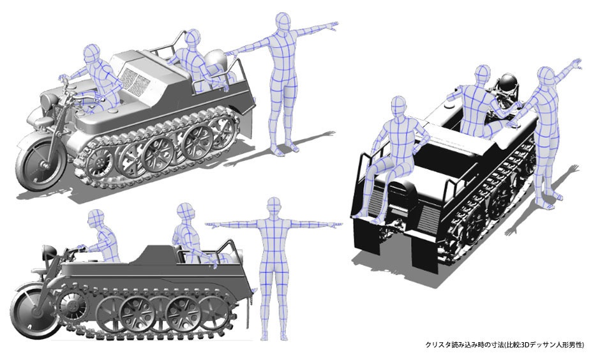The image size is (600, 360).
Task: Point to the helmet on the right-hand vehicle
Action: [508, 83]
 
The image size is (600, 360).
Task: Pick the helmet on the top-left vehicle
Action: [216, 61]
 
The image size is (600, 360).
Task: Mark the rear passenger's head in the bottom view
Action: [185, 213]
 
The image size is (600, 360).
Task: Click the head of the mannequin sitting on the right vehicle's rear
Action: [398, 107]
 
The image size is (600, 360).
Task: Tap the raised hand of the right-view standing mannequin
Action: [576, 64]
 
